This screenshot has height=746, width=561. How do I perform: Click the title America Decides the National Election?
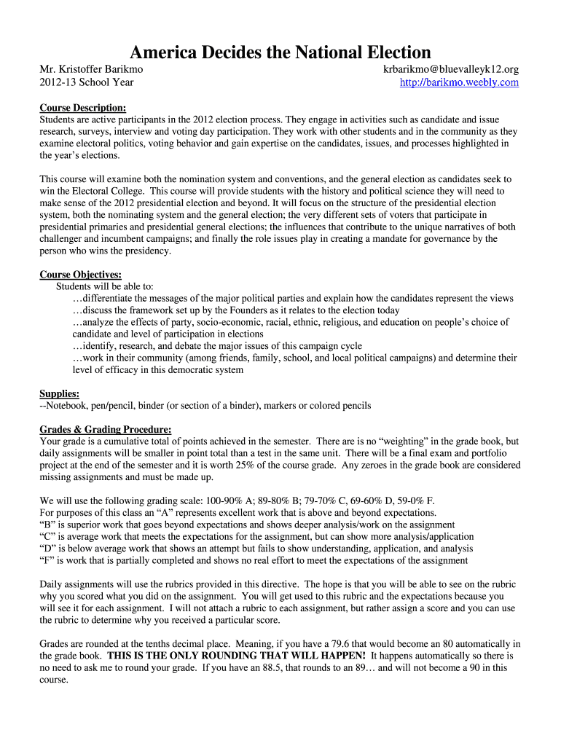280,52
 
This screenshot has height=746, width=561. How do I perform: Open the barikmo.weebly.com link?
459,82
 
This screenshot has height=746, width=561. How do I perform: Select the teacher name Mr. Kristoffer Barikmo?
91,69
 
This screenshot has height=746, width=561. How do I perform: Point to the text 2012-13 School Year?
86,82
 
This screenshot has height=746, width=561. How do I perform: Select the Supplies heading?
59,393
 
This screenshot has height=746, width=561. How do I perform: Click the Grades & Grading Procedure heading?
105,429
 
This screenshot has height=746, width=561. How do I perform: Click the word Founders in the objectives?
214,310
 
